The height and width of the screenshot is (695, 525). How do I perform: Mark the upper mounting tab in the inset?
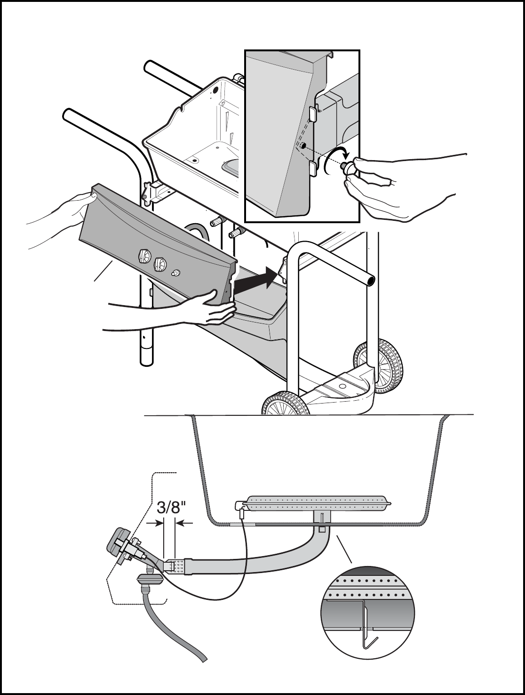[x=313, y=113]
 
